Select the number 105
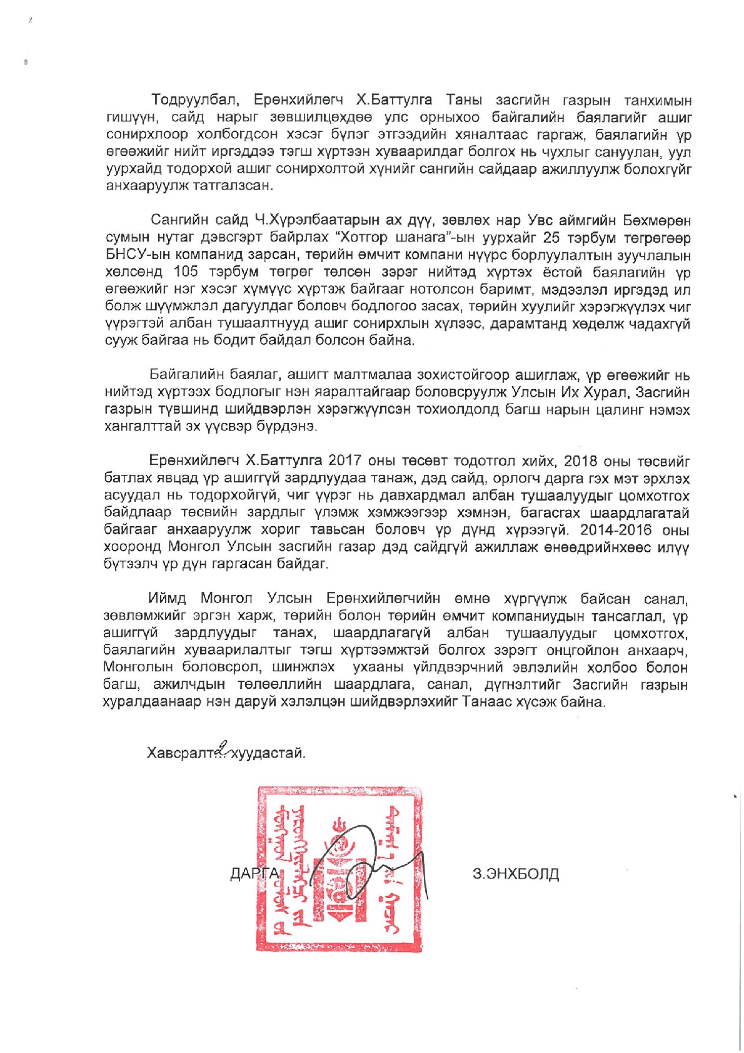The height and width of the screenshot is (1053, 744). pyautogui.click(x=185, y=272)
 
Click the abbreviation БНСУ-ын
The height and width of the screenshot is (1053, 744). pyautogui.click(x=133, y=255)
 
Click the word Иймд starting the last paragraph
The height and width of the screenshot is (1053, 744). pyautogui.click(x=167, y=599)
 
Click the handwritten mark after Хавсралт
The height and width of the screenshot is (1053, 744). pyautogui.click(x=222, y=748)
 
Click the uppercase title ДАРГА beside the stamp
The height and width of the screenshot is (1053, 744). pyautogui.click(x=254, y=873)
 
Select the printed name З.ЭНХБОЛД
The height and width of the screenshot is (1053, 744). pyautogui.click(x=516, y=873)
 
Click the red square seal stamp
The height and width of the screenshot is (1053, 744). pyautogui.click(x=339, y=870)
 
